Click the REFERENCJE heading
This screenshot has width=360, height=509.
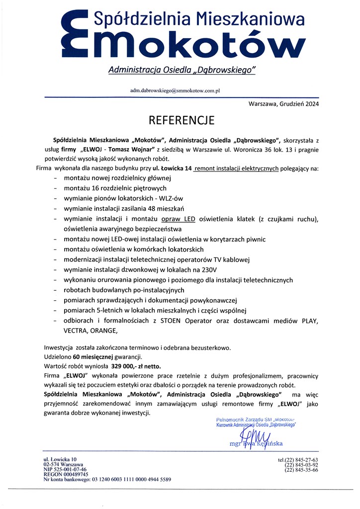181,120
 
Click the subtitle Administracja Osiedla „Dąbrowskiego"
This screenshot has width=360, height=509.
181,71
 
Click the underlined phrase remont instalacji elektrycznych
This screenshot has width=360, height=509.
236,169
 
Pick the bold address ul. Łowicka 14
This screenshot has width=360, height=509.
172,169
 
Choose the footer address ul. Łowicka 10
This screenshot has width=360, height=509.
61,459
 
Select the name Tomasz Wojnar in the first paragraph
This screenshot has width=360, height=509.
134,149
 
